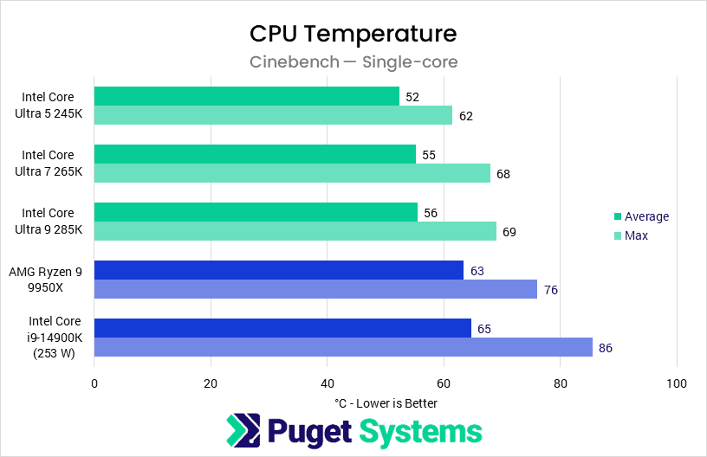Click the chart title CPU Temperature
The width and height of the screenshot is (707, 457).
click(x=353, y=34)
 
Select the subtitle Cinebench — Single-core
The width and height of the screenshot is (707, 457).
click(x=353, y=61)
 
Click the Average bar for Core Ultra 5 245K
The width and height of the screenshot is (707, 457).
click(x=247, y=96)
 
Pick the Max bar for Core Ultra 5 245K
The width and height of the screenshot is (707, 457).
click(x=273, y=115)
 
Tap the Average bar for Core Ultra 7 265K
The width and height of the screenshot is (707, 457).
click(x=255, y=154)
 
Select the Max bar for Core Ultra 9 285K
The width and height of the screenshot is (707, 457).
click(x=295, y=231)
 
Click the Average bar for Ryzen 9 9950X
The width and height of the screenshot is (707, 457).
click(x=278, y=270)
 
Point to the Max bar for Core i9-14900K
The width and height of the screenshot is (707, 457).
click(x=343, y=347)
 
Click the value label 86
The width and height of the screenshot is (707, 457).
click(x=606, y=348)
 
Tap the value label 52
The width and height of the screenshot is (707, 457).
click(x=412, y=97)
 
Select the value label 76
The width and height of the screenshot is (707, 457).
click(x=551, y=290)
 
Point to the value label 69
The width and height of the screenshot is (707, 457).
click(x=510, y=232)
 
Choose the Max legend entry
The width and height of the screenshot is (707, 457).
click(x=636, y=235)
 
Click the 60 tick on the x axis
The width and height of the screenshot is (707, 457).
click(x=444, y=383)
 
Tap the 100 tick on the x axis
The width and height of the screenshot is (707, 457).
click(x=677, y=383)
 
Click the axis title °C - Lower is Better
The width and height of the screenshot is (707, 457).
click(x=386, y=402)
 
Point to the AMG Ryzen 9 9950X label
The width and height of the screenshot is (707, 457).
click(x=48, y=280)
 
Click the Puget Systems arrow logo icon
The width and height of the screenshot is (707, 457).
click(x=243, y=431)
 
